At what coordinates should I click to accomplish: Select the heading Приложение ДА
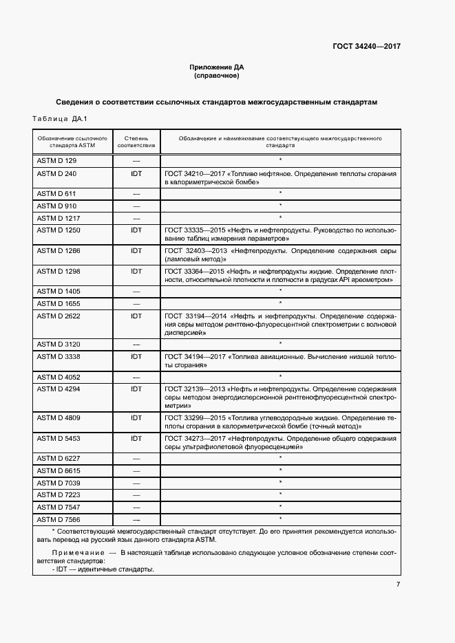[x=217, y=67]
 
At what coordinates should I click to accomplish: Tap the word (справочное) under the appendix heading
[x=217, y=76]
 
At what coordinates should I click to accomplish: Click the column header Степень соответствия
[x=136, y=142]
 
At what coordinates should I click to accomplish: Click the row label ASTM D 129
[x=56, y=160]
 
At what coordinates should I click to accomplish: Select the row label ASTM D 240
[x=56, y=174]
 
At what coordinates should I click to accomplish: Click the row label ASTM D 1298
[x=58, y=272]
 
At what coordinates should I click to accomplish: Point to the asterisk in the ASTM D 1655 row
[x=280, y=303]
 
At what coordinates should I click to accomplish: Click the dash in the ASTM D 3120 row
[x=136, y=344]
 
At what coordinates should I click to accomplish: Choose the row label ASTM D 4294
[x=58, y=389]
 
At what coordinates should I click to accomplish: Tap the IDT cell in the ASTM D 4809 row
[x=136, y=417]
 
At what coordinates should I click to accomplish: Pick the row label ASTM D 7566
[x=58, y=519]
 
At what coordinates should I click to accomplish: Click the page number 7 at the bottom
[x=398, y=585]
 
